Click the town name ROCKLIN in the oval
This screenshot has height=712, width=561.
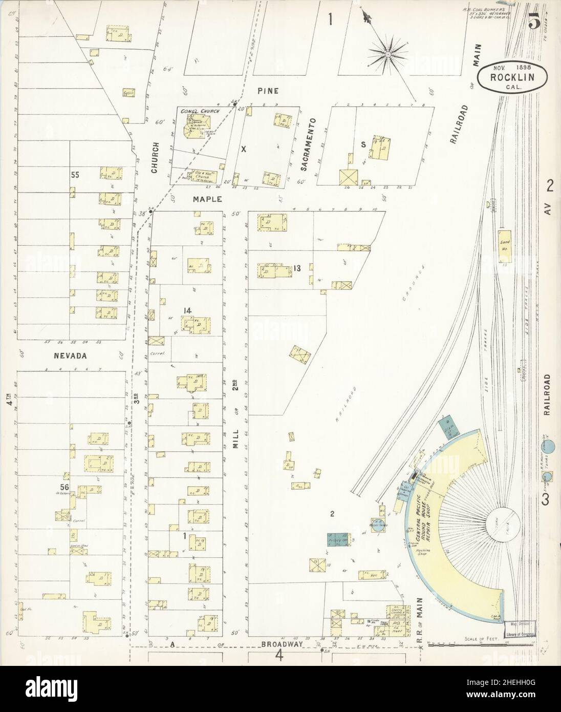tap(512, 78)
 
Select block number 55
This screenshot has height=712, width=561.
tap(75, 175)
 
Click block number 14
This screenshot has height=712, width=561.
tap(187, 310)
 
